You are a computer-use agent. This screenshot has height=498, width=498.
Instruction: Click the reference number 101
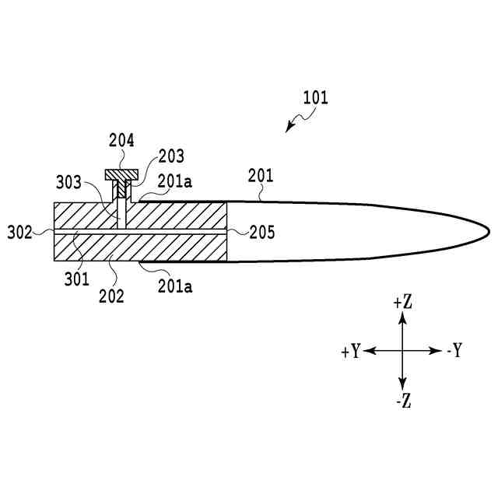pyautogui.click(x=316, y=98)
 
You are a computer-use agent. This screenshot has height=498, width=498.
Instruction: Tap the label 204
pyautogui.click(x=121, y=141)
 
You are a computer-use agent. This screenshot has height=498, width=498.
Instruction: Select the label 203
pyautogui.click(x=171, y=156)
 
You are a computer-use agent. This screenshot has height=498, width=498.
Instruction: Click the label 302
pyautogui.click(x=20, y=232)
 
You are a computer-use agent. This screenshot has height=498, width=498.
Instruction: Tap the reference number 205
pyautogui.click(x=262, y=232)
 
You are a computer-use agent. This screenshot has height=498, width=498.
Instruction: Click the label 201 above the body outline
pyautogui.click(x=261, y=176)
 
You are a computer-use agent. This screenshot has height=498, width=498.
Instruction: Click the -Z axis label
pyautogui.click(x=402, y=402)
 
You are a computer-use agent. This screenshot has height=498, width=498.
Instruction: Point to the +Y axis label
pyautogui.click(x=350, y=352)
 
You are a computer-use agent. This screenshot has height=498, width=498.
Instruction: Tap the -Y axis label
pyautogui.click(x=454, y=352)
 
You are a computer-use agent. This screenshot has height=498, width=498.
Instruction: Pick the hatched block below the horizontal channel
pyautogui.click(x=140, y=247)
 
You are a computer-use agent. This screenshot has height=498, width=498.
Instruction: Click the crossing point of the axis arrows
pyautogui.click(x=402, y=352)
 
